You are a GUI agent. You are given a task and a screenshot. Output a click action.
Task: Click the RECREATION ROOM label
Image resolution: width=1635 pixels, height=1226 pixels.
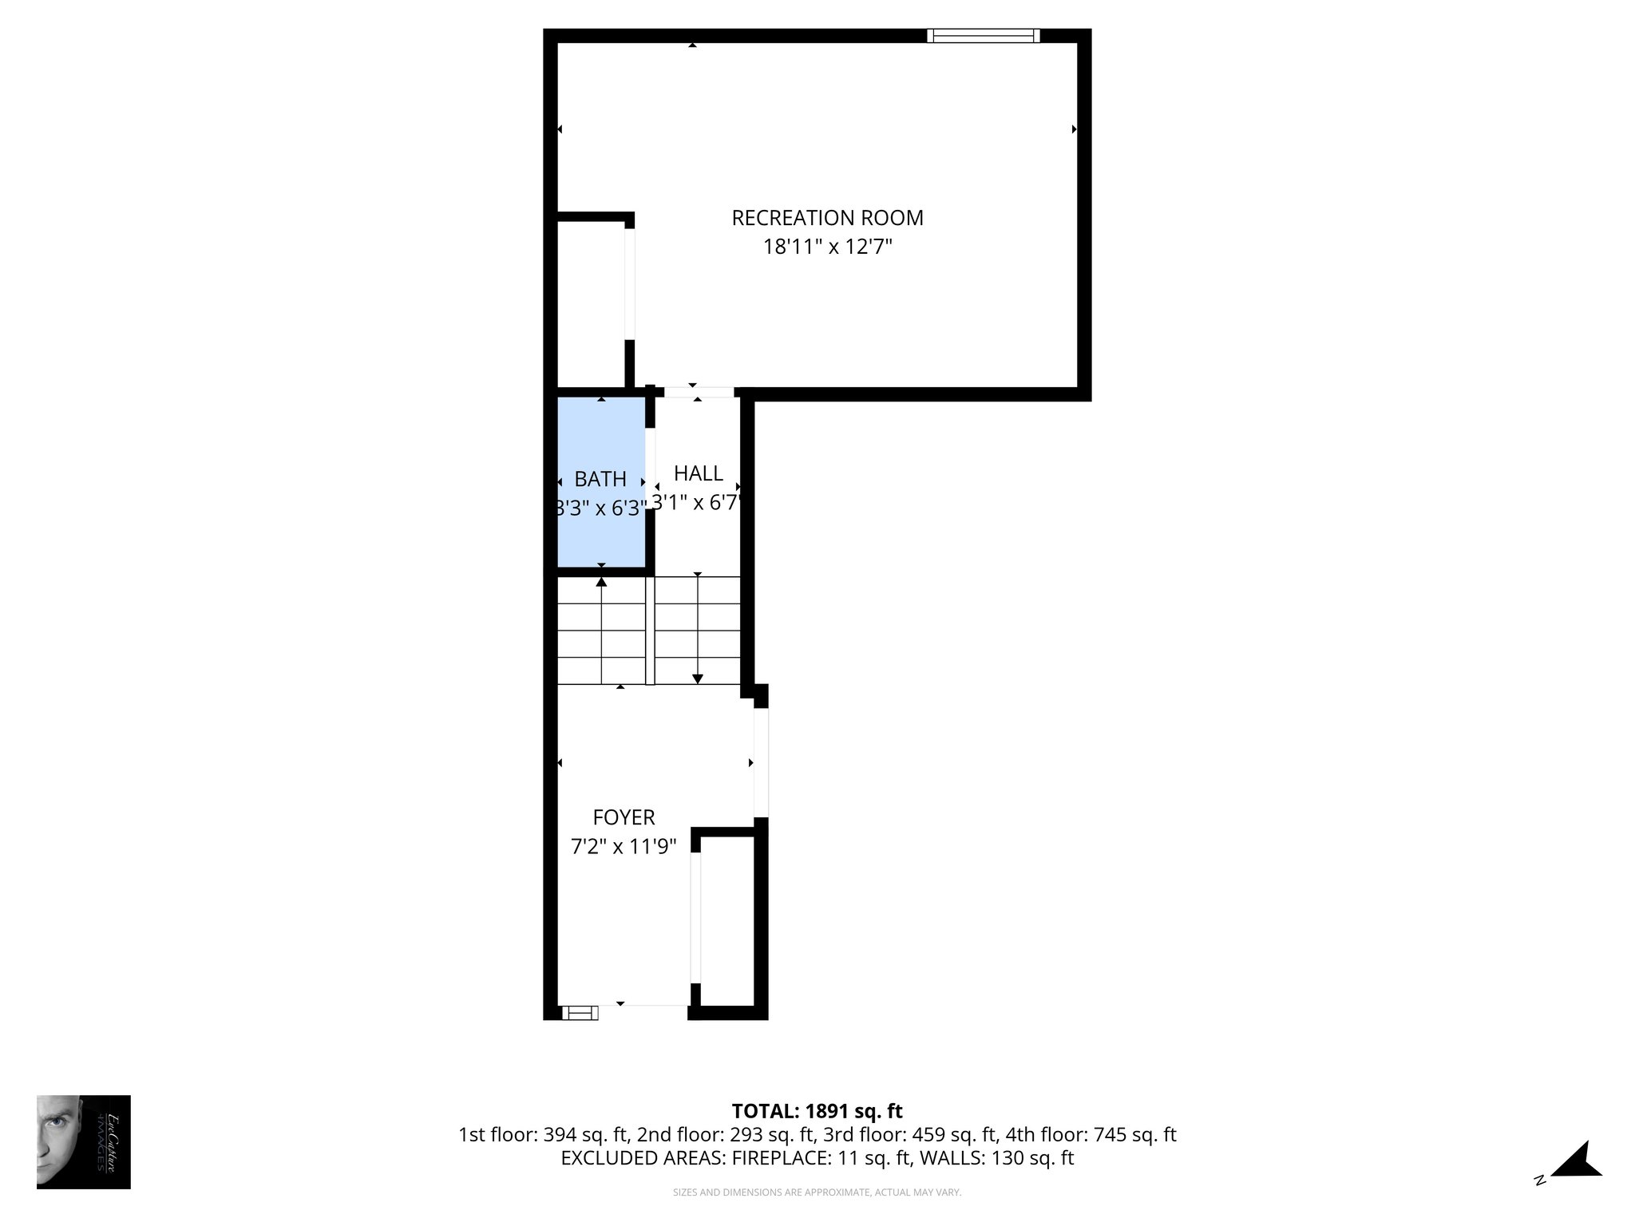(x=827, y=218)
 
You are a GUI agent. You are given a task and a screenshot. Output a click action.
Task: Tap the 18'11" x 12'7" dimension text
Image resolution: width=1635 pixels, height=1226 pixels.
(x=827, y=247)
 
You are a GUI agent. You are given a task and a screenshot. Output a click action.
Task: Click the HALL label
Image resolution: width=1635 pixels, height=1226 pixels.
(x=698, y=473)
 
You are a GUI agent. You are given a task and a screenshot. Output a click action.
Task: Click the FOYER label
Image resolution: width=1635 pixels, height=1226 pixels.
(x=624, y=817)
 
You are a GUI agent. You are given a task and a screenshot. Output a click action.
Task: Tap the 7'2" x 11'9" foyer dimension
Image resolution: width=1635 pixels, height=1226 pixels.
(x=624, y=846)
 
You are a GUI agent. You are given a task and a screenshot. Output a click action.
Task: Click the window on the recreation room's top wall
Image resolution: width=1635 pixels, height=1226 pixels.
(x=983, y=35)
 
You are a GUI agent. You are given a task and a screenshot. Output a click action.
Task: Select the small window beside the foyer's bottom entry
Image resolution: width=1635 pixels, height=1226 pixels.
(x=580, y=1013)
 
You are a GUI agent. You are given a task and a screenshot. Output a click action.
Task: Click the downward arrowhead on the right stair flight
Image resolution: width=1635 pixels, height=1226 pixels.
(x=698, y=678)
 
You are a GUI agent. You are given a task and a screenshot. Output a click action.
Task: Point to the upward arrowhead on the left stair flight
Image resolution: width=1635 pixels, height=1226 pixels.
(x=601, y=582)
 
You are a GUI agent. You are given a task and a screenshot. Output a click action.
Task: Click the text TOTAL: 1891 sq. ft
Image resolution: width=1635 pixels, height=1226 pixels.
(x=817, y=1111)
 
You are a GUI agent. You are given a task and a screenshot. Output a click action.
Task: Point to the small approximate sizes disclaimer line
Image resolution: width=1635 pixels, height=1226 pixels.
(x=817, y=1192)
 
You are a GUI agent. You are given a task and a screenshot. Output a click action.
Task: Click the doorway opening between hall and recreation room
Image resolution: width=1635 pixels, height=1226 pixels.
(x=699, y=392)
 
